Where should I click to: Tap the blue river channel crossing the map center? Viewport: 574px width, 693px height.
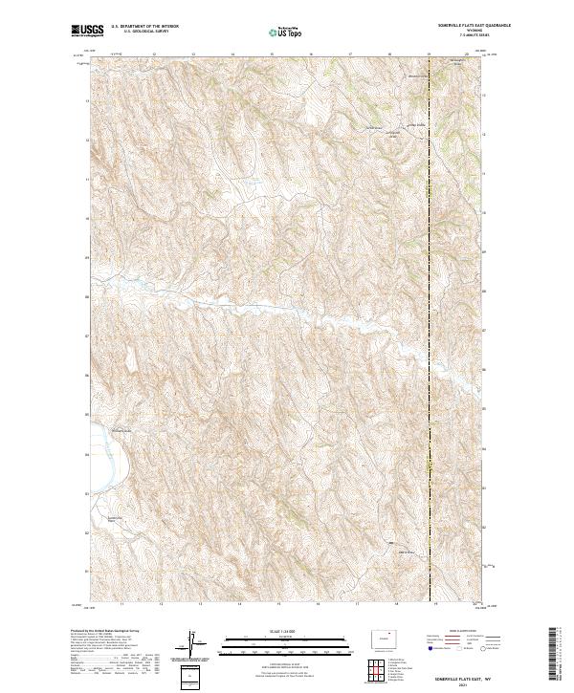coord(316,316)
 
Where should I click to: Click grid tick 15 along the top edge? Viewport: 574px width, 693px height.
coord(272,54)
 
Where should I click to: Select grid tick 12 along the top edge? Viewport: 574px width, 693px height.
coord(154,54)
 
